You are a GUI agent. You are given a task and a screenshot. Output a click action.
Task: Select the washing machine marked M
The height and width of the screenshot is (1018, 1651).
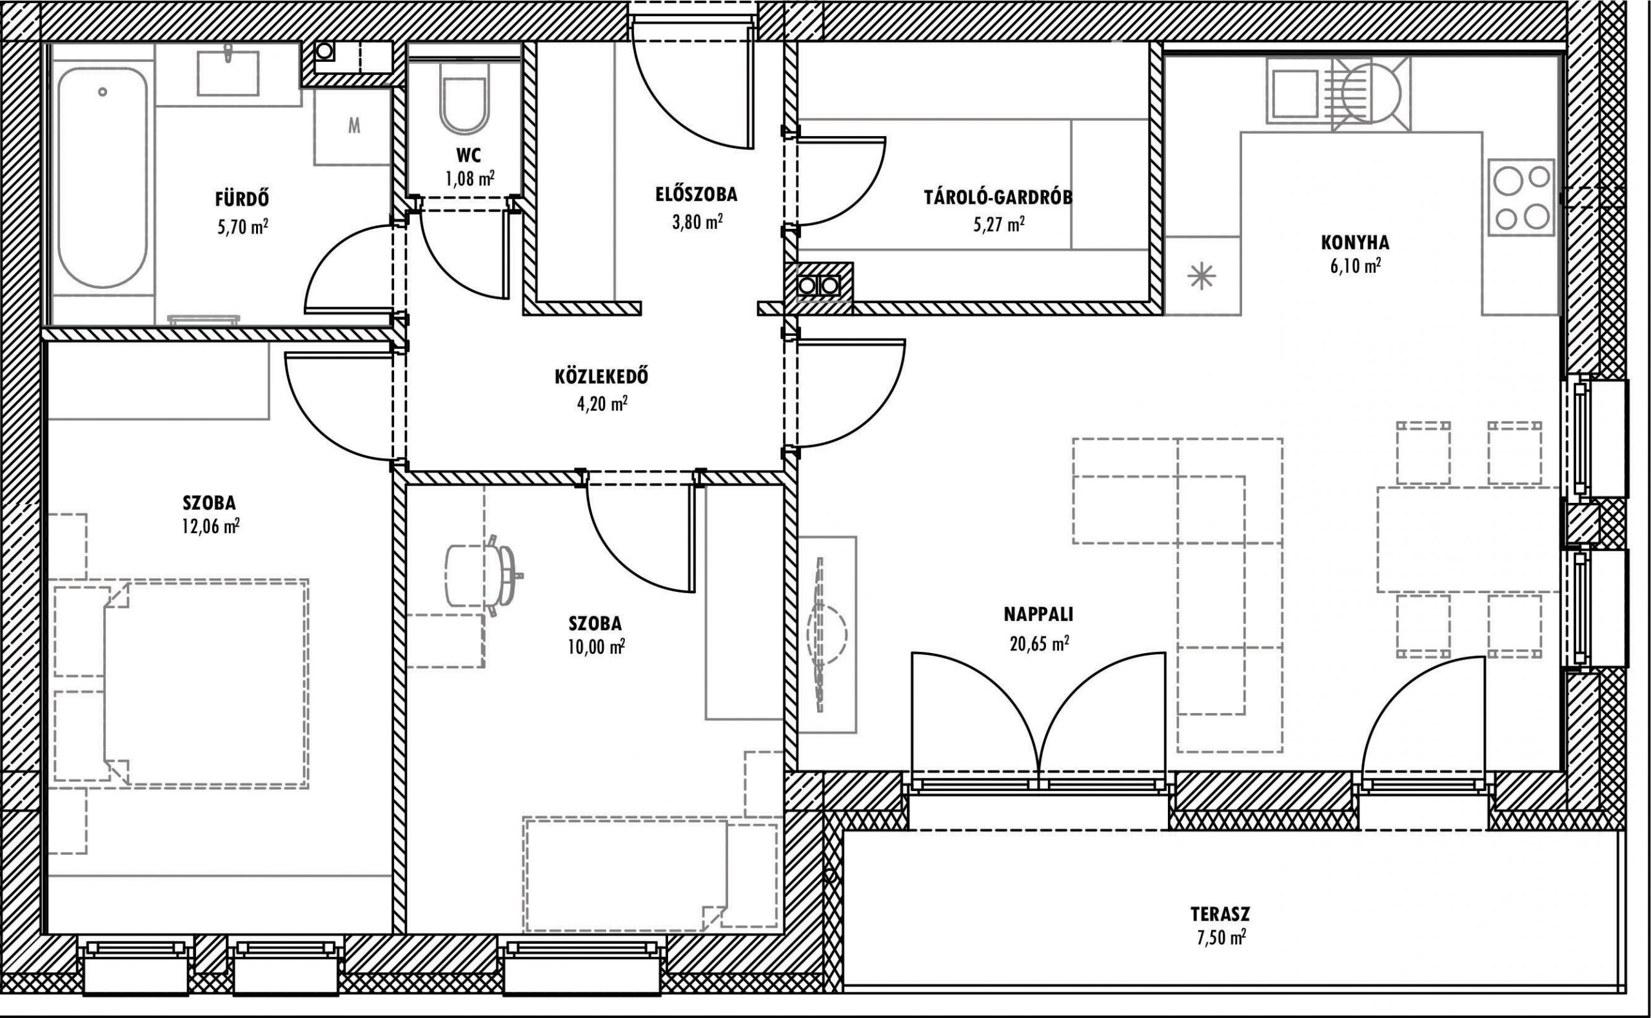(x=353, y=126)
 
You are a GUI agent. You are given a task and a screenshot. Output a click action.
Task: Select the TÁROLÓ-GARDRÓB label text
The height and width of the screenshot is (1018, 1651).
(x=998, y=197)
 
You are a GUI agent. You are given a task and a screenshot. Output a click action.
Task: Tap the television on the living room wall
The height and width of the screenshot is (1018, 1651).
(x=820, y=634)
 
